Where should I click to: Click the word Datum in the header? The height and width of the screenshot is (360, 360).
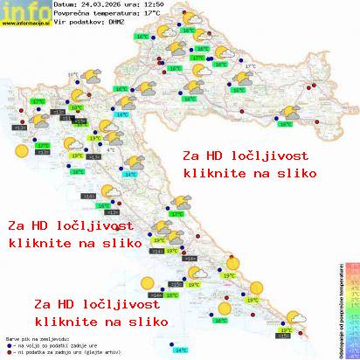click(x=65, y=4)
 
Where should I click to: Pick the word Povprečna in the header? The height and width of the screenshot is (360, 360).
click(x=73, y=13)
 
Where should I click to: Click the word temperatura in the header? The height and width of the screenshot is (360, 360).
click(x=119, y=13)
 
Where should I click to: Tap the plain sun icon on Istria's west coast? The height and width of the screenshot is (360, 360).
click(x=19, y=150)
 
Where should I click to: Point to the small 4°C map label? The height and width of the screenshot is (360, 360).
click(x=110, y=149)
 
